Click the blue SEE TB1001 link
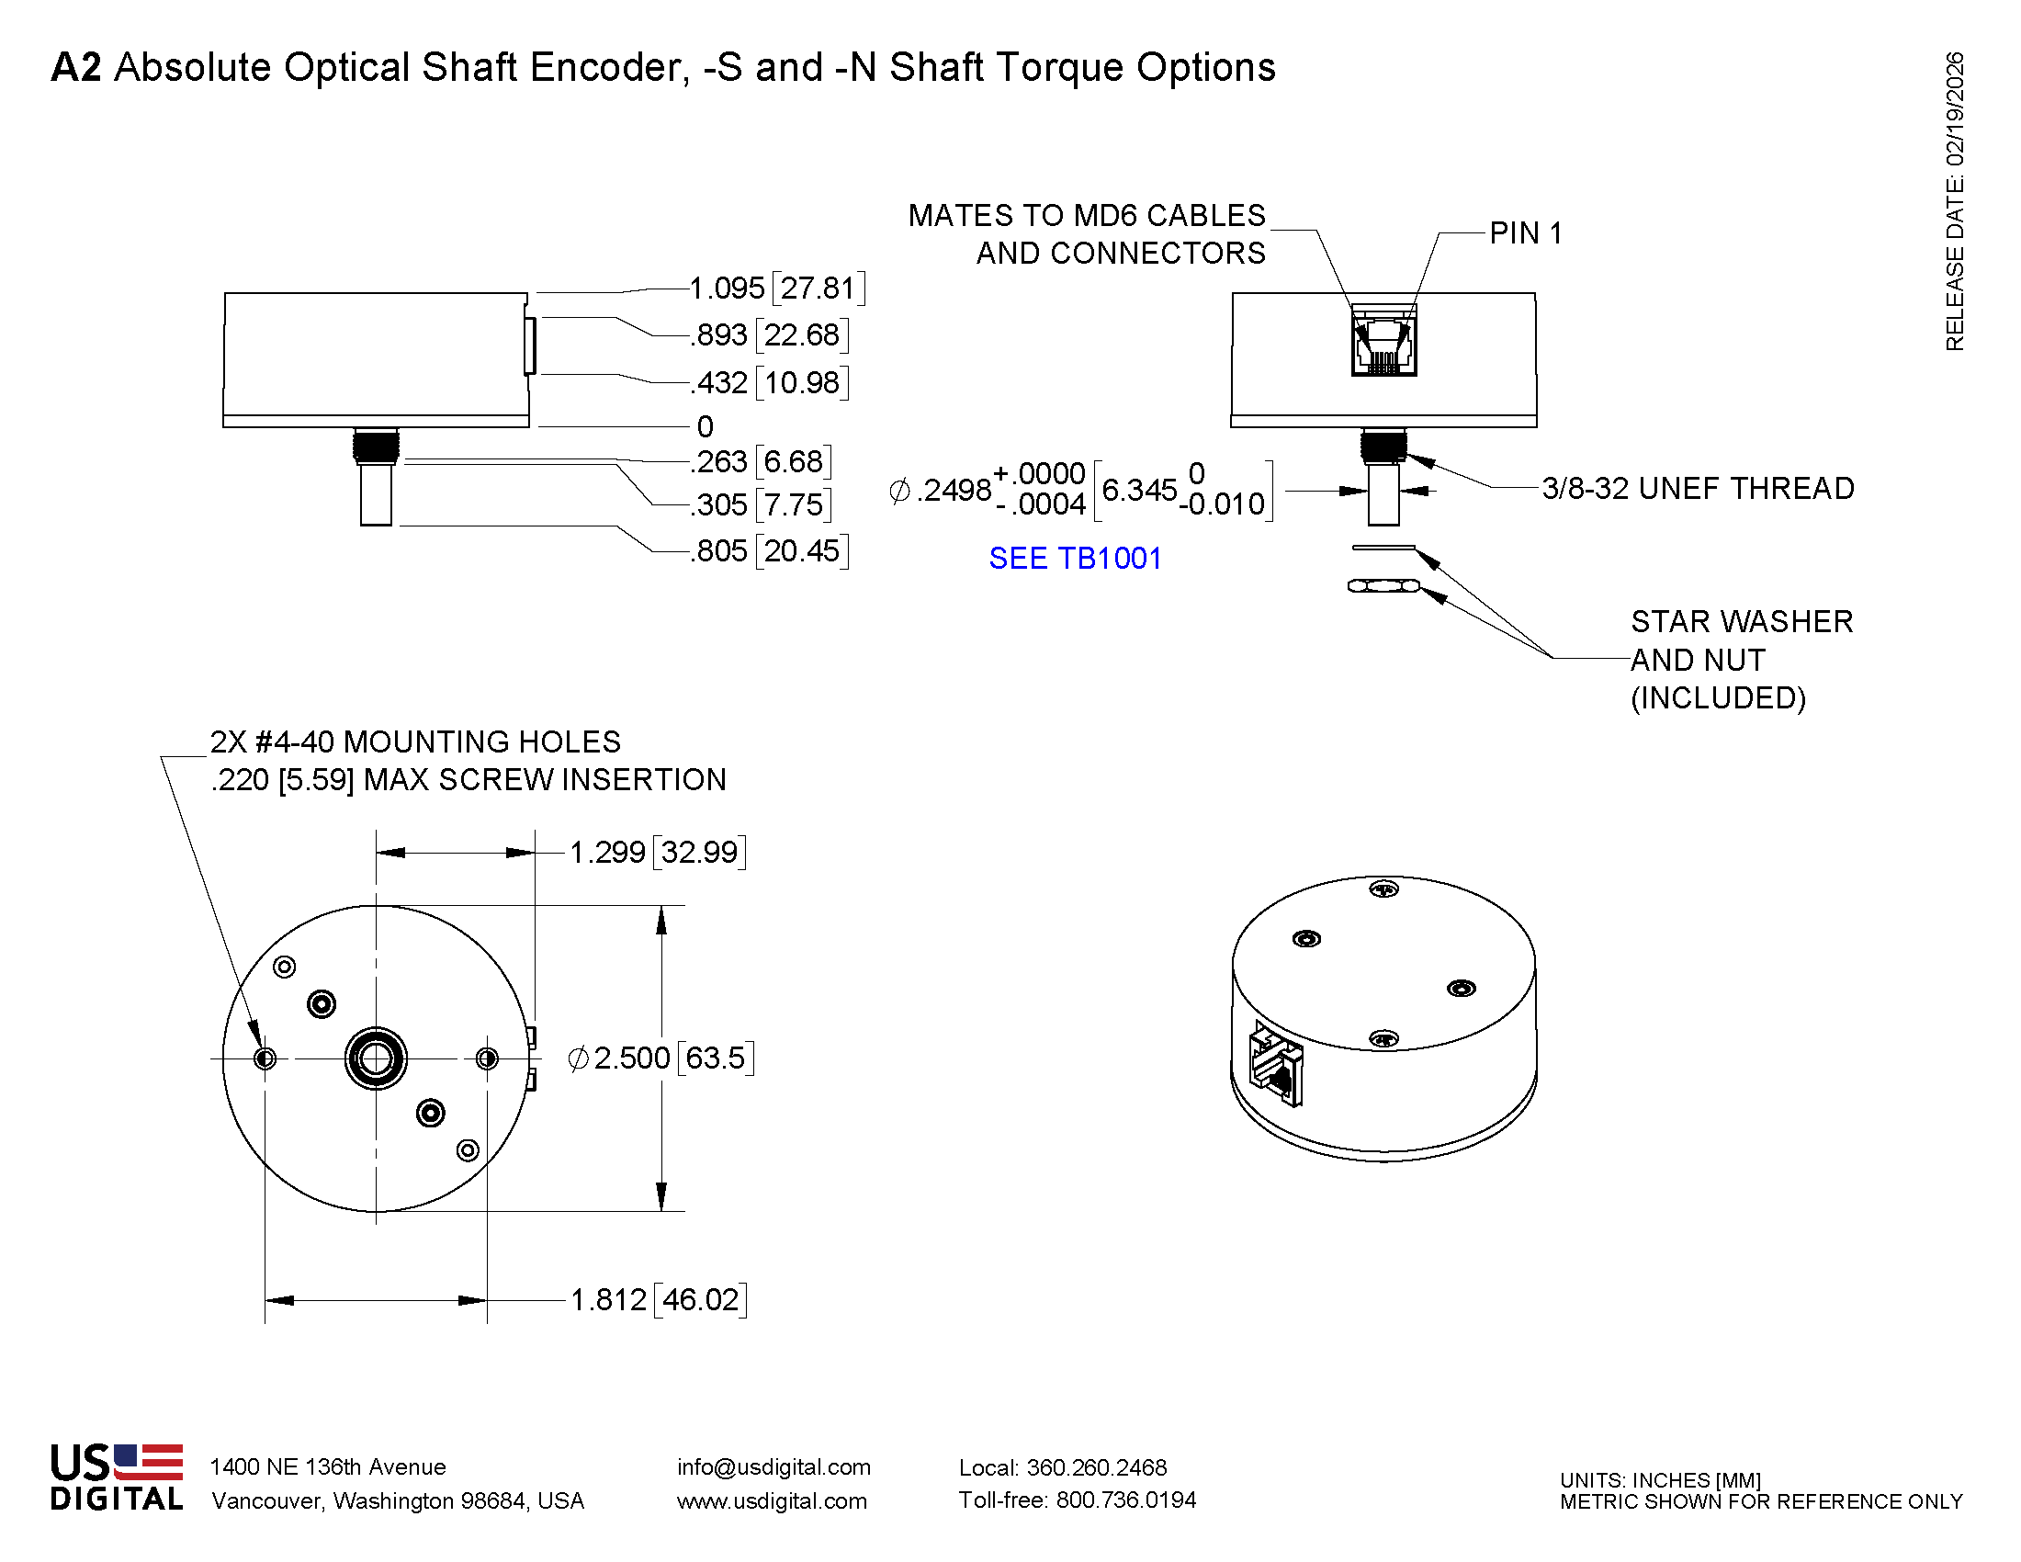tap(1075, 558)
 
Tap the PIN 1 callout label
tap(1525, 233)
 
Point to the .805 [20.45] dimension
tap(769, 550)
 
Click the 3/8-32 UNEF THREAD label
tap(1697, 488)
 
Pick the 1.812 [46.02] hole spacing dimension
tap(658, 1299)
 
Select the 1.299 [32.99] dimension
tap(657, 852)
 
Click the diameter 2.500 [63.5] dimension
tap(660, 1057)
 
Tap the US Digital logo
tap(117, 1477)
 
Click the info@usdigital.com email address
tap(773, 1466)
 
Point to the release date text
tap(1954, 201)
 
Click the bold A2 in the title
tap(76, 67)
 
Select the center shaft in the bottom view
tap(376, 1058)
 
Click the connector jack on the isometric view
tap(1276, 1064)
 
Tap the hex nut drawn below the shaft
tap(1383, 586)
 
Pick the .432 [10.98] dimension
tap(769, 382)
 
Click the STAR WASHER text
tap(1742, 621)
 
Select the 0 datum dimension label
tap(706, 426)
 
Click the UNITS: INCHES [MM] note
tap(1660, 1479)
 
